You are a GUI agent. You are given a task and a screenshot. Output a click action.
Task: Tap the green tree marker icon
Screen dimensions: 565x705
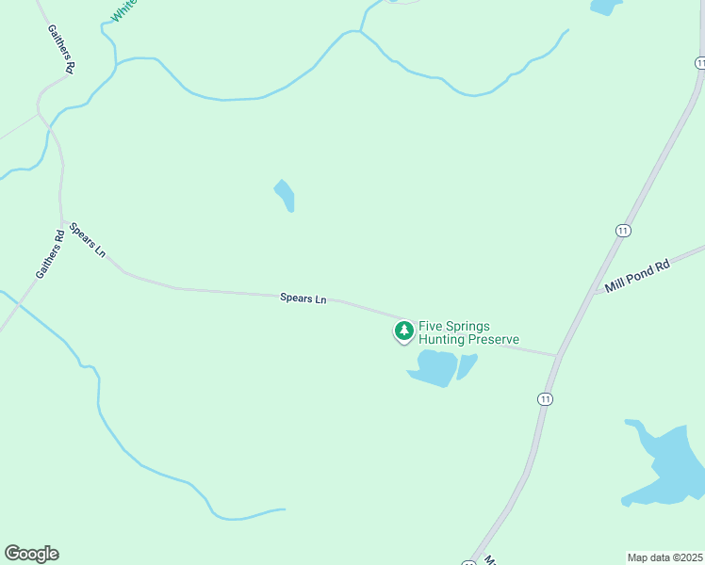403,331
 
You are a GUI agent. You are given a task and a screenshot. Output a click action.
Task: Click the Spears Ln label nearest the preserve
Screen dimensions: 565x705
303,299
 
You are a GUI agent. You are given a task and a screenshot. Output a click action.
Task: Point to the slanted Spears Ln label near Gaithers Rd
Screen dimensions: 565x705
88,240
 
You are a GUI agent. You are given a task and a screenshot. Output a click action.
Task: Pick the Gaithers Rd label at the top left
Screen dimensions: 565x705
62,50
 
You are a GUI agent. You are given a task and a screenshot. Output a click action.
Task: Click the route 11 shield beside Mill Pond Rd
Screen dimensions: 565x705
623,231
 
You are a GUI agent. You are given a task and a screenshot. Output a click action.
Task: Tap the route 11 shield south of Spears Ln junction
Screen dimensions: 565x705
545,399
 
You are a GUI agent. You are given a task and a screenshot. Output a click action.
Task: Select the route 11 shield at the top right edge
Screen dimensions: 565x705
700,62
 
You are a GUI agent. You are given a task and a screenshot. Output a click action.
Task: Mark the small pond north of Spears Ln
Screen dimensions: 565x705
285,195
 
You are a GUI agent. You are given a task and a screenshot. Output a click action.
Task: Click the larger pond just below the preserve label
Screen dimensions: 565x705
434,367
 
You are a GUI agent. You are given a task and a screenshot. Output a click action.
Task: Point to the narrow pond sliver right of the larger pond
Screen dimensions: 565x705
467,365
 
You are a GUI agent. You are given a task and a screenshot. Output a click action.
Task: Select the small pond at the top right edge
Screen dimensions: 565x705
604,6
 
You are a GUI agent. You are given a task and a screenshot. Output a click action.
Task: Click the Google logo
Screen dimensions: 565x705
31,554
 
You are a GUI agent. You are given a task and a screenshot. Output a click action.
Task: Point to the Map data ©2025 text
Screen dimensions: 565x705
664,557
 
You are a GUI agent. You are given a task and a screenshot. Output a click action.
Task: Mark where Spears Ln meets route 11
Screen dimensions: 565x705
558,356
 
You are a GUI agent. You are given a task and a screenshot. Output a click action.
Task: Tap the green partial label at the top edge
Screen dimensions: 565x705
123,10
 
